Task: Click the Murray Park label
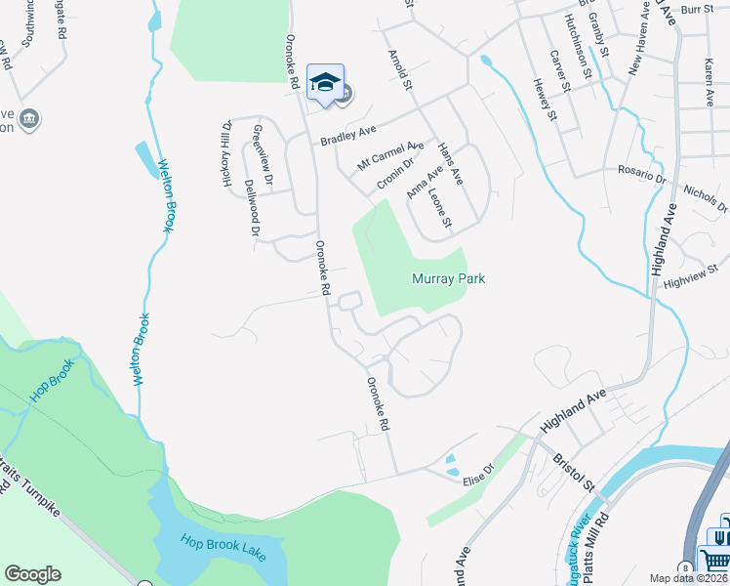tap(448, 279)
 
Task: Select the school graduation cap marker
tap(325, 82)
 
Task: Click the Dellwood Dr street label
tap(252, 208)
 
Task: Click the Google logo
tap(32, 574)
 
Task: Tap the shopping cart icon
tap(715, 559)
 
